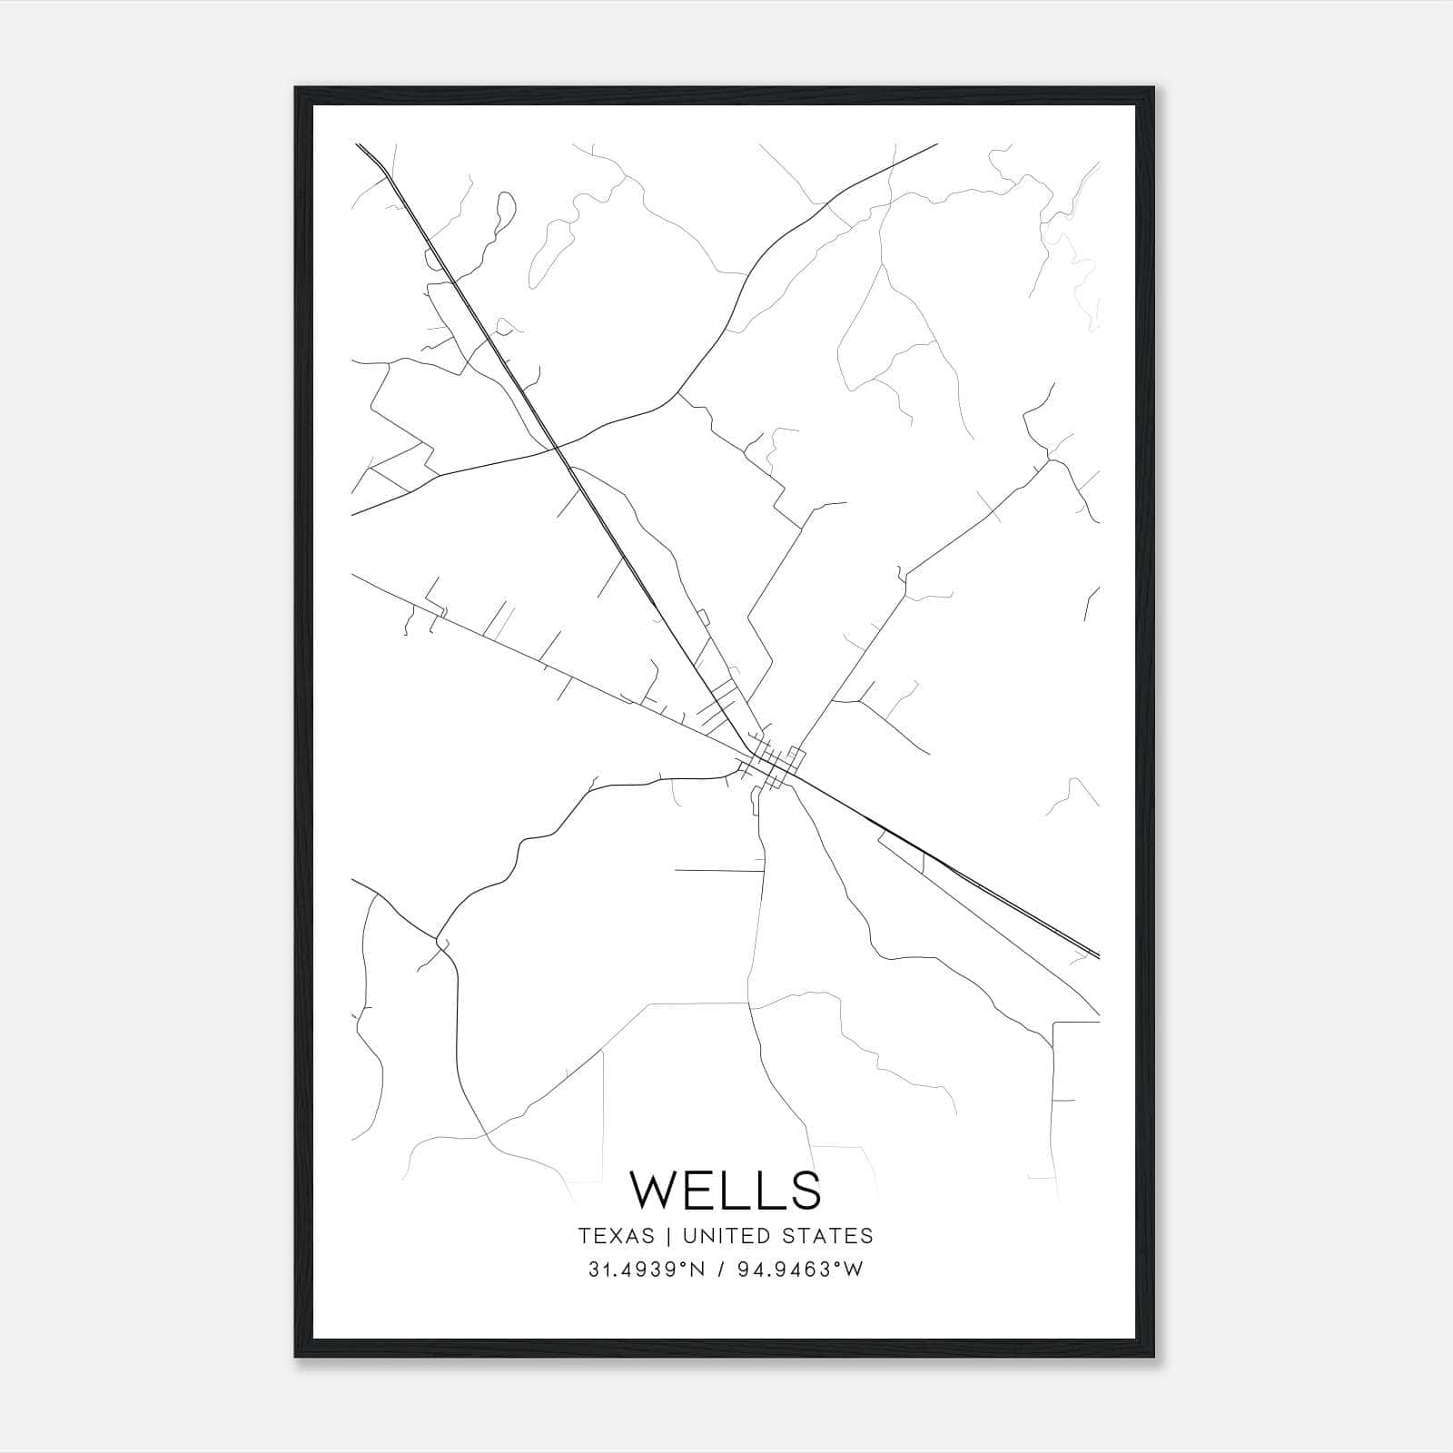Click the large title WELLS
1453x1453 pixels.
[x=726, y=1190]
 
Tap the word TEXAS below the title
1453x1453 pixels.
[x=616, y=1236]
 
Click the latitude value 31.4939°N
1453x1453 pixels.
[x=647, y=1270]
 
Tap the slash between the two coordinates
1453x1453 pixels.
[x=721, y=1270]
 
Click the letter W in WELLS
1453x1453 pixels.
[x=655, y=1190]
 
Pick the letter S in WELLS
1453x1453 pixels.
[x=806, y=1190]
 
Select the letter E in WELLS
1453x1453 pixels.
[x=704, y=1190]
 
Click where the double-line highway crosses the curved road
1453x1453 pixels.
[x=558, y=446]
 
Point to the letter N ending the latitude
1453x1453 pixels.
[x=697, y=1270]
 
